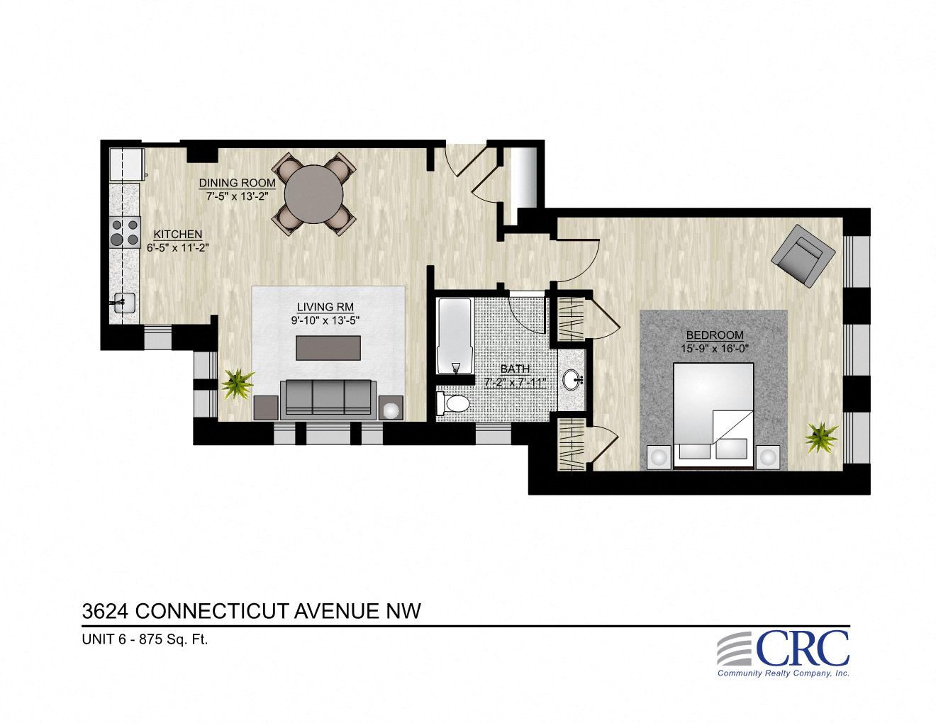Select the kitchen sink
click(x=124, y=303)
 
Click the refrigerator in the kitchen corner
click(x=126, y=164)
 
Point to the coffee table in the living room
click(x=328, y=348)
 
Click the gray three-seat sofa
click(x=328, y=398)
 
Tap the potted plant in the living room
click(x=238, y=383)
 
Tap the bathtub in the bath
click(x=454, y=336)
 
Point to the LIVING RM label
click(x=325, y=307)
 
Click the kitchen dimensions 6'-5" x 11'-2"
click(x=177, y=248)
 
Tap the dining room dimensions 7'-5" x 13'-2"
click(x=237, y=196)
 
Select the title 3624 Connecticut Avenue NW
click(x=252, y=610)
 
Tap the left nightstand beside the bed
click(x=659, y=457)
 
